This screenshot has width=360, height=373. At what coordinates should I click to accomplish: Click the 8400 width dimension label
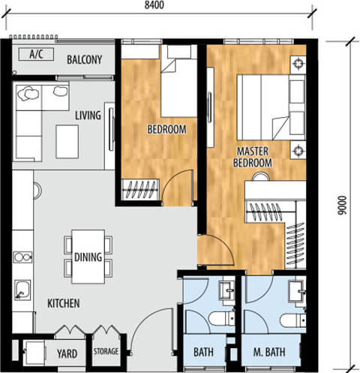pyautogui.click(x=154, y=5)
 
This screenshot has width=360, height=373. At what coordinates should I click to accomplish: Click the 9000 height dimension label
pyautogui.click(x=342, y=205)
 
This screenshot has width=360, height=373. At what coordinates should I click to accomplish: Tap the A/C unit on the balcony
pyautogui.click(x=36, y=54)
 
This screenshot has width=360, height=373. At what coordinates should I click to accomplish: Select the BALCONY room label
pyautogui.click(x=85, y=60)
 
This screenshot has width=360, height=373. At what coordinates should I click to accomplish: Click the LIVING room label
pyautogui.click(x=88, y=116)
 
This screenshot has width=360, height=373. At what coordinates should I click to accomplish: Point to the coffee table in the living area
pyautogui.click(x=67, y=142)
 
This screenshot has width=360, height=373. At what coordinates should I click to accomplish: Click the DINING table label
pyautogui.click(x=88, y=257)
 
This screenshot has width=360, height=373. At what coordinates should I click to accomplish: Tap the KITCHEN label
pyautogui.click(x=64, y=303)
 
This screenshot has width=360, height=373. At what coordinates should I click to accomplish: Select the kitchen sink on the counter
pyautogui.click(x=22, y=290)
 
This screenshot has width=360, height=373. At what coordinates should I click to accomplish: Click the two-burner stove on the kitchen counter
pyautogui.click(x=22, y=257)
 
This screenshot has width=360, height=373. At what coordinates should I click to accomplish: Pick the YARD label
pyautogui.click(x=67, y=353)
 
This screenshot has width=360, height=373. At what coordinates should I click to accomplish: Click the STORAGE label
pyautogui.click(x=106, y=351)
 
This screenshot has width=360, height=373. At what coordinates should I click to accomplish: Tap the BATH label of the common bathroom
pyautogui.click(x=203, y=352)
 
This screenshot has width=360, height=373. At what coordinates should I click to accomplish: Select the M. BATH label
pyautogui.click(x=269, y=352)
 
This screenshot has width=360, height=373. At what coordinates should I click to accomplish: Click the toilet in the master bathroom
pyautogui.click(x=292, y=320)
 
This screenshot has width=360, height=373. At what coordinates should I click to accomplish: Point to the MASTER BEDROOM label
pyautogui.click(x=253, y=157)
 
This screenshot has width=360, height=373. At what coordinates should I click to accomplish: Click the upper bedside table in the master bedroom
pyautogui.click(x=298, y=64)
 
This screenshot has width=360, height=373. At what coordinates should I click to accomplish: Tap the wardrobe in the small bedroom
pyautogui.click(x=140, y=190)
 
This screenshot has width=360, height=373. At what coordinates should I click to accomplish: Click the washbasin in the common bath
pyautogui.click(x=226, y=290)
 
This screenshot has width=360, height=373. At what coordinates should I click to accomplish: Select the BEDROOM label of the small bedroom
pyautogui.click(x=166, y=129)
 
